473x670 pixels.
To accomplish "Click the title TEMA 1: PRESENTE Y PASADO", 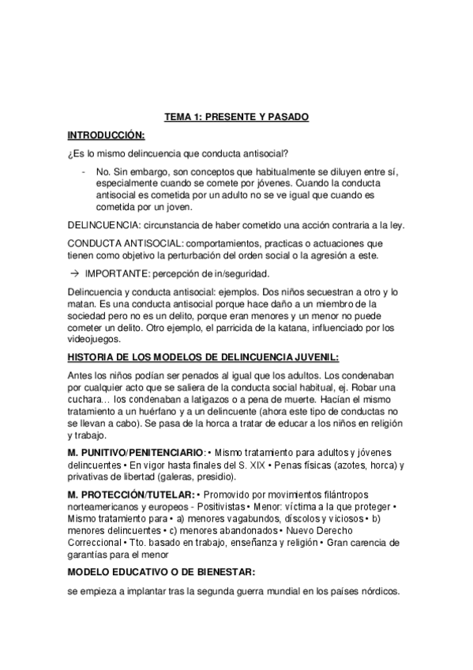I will tap(236, 117).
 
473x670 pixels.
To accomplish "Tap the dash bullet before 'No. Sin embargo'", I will tap(84, 170).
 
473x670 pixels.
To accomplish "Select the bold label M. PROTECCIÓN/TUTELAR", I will tap(130, 495).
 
